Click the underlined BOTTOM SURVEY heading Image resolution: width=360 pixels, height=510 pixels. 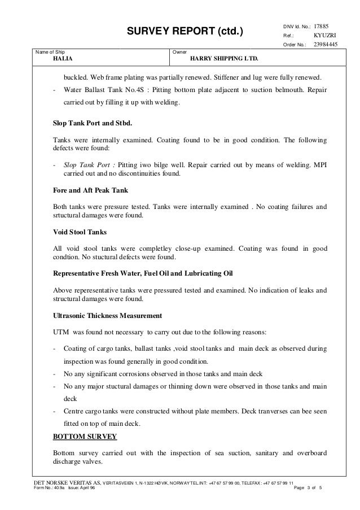pos(85,437)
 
